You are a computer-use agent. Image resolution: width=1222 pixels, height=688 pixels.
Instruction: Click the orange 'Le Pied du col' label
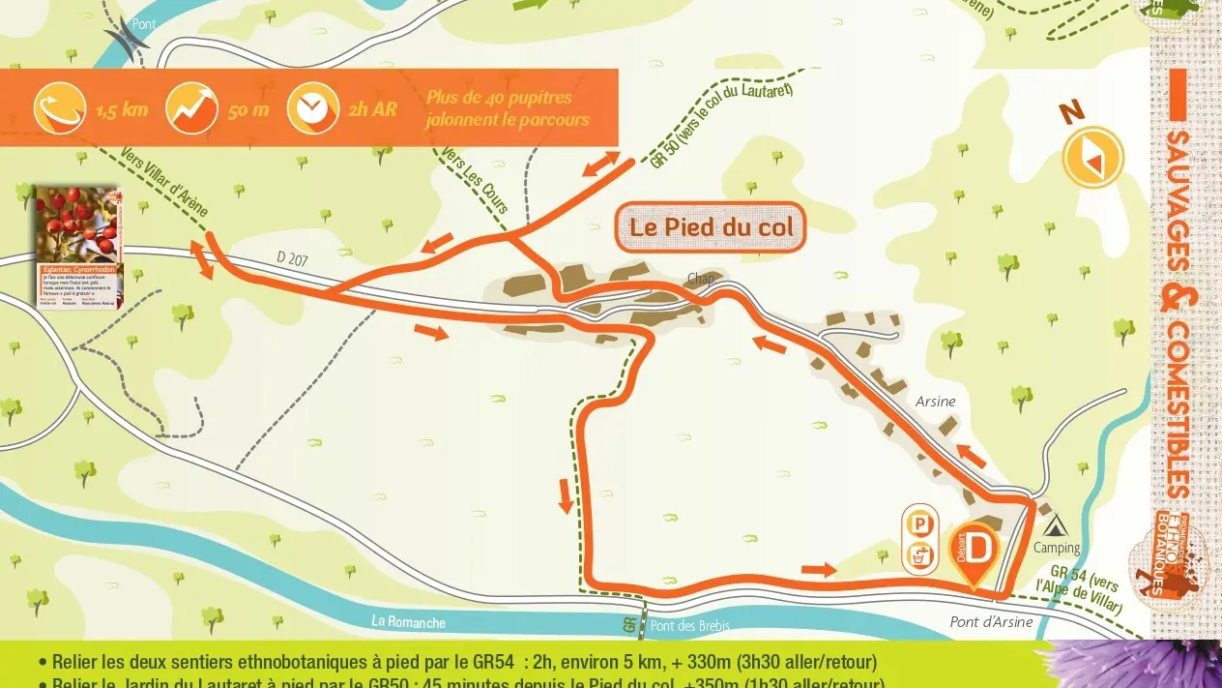click(x=711, y=227)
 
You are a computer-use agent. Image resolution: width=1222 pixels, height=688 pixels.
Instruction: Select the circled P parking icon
click(x=919, y=523)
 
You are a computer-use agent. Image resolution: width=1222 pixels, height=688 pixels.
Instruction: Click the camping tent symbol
click(x=1055, y=526)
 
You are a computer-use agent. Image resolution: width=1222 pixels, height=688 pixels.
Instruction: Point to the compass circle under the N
click(x=1092, y=156)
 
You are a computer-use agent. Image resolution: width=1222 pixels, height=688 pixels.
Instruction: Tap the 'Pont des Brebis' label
click(x=689, y=626)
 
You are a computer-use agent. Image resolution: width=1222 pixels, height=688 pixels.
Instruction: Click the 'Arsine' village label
click(x=935, y=402)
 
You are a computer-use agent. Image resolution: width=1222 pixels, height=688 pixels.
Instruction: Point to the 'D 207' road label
click(x=294, y=257)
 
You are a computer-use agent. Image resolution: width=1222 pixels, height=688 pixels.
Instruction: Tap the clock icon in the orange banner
click(x=311, y=108)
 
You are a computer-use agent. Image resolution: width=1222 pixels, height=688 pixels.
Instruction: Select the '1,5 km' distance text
click(x=122, y=109)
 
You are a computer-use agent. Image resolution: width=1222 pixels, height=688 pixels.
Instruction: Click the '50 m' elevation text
click(x=248, y=109)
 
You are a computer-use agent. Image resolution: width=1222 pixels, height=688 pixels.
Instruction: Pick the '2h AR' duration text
click(x=372, y=109)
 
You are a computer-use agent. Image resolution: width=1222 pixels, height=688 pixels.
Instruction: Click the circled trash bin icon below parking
click(x=919, y=556)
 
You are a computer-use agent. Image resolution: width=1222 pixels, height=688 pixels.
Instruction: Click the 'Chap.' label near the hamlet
click(x=700, y=279)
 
